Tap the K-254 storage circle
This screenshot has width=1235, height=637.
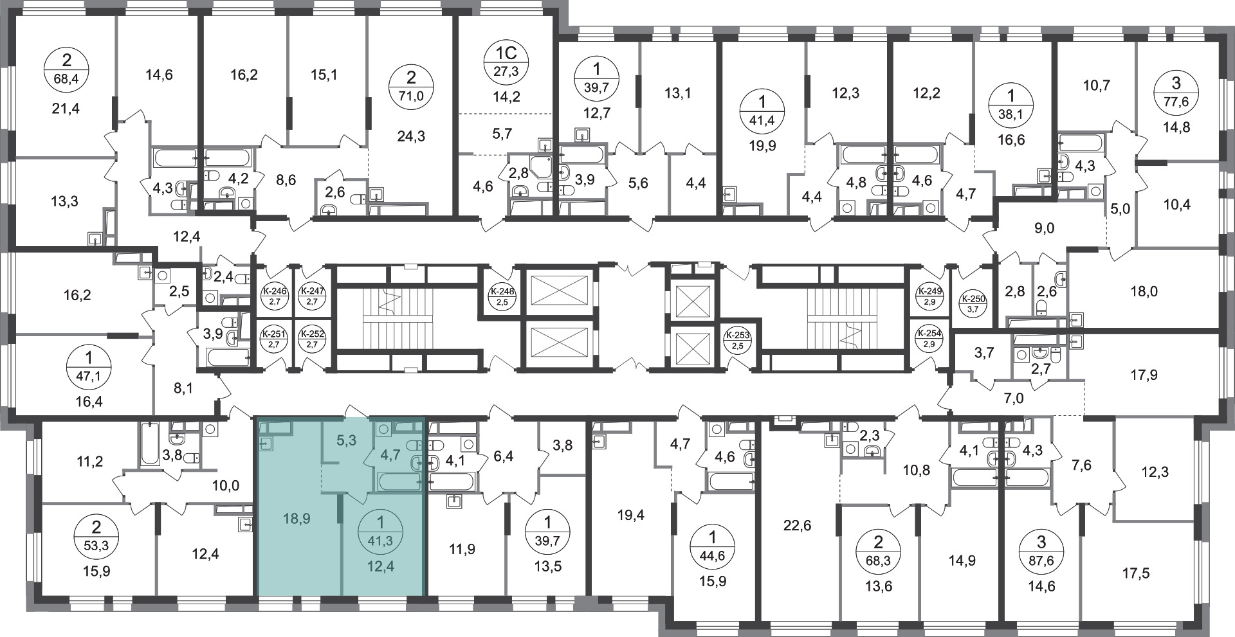point(929,339)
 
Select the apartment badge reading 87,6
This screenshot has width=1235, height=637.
point(1041,552)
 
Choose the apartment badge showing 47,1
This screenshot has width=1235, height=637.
point(89,366)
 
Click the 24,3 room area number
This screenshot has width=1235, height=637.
point(412,136)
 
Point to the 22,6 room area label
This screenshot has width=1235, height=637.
point(798,526)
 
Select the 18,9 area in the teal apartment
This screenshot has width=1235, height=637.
point(297,518)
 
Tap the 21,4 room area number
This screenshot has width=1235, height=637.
point(66,109)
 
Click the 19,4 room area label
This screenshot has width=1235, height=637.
point(630,514)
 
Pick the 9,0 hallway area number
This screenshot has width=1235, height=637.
point(1045,228)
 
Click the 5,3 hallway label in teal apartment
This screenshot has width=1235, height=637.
point(347,440)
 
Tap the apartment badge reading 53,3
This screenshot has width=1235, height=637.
point(96,537)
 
